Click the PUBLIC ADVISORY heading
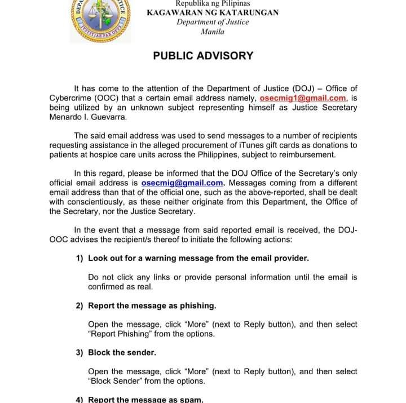tap(203, 56)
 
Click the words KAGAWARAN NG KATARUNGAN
tap(213, 12)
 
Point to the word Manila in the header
tap(213, 32)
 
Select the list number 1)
tap(80, 258)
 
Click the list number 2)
tap(80, 305)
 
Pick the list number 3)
tap(80, 352)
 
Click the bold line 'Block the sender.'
tap(122, 352)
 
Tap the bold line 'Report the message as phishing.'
tap(152, 305)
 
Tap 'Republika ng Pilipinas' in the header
tap(213, 3)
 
